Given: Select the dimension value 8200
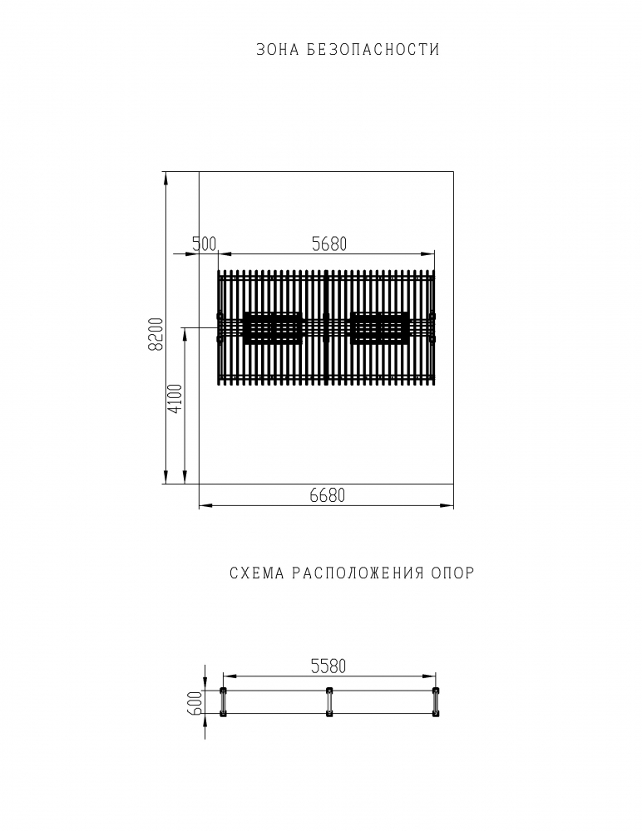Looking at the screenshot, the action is click(156, 334).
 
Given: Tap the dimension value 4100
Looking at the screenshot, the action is click(175, 400).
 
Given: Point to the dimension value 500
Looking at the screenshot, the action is click(205, 243).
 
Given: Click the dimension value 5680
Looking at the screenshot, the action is click(329, 243).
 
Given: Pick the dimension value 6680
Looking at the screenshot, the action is click(328, 495).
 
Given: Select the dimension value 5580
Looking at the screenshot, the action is click(328, 666).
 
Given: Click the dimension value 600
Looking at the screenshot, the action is click(195, 703).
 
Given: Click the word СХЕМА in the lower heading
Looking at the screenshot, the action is click(257, 573).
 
